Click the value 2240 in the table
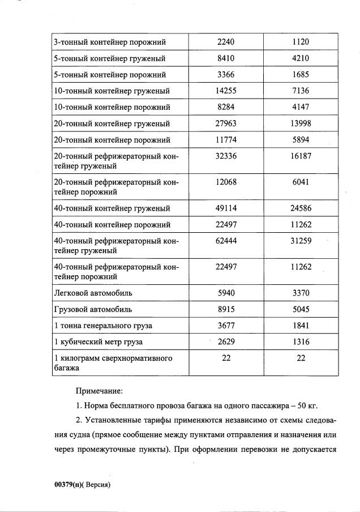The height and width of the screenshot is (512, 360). click(225, 42)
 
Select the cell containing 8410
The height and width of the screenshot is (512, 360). click(225, 58)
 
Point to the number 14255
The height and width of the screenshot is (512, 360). click(225, 91)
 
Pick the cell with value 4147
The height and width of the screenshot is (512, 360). click(301, 107)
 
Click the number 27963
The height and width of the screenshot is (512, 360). click(225, 123)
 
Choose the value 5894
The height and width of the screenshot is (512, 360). click(301, 140)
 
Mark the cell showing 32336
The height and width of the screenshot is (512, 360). click(225, 155)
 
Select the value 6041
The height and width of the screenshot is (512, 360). click(301, 182)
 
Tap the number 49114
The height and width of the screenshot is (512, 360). click(225, 208)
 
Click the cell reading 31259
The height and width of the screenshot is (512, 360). click(301, 241)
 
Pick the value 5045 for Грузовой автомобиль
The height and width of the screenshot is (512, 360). click(301, 310)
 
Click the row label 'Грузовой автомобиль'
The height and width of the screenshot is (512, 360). click(92, 310)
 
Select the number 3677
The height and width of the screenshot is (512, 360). click(225, 326)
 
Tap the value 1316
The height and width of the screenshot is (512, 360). click(301, 342)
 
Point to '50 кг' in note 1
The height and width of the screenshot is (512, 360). click(306, 406)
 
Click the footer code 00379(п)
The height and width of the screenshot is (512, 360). click(68, 485)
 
